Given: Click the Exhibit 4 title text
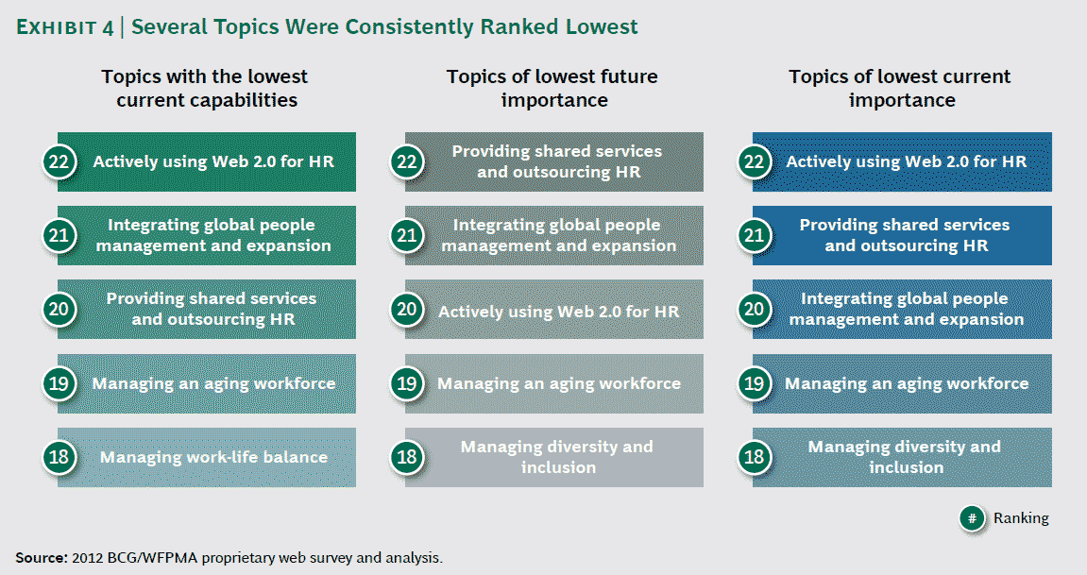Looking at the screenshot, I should [327, 26].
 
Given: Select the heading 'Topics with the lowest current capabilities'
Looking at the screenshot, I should [206, 88].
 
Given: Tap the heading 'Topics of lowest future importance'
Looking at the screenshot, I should [552, 88].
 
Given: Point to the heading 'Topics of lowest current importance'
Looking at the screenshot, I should [900, 88].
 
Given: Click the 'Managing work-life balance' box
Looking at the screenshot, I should [213, 458].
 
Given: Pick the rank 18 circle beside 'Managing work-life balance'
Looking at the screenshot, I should [59, 458].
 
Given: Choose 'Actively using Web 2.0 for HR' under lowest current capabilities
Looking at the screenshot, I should [213, 161].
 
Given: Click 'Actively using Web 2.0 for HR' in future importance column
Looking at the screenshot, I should [558, 311].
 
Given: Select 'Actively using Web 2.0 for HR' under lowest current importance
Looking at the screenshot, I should [906, 161].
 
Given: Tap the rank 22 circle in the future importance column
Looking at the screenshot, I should [407, 161].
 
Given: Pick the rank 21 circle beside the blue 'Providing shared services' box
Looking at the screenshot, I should [755, 236].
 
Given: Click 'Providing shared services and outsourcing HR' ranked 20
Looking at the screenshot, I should [212, 309].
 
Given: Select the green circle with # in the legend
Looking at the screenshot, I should [973, 518].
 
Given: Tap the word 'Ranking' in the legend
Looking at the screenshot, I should [1020, 518].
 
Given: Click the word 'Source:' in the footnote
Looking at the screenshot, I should [41, 557].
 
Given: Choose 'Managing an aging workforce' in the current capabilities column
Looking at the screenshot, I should [213, 383].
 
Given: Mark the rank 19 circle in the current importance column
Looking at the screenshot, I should [755, 383].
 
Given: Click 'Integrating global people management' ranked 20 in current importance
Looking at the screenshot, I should [906, 309].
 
